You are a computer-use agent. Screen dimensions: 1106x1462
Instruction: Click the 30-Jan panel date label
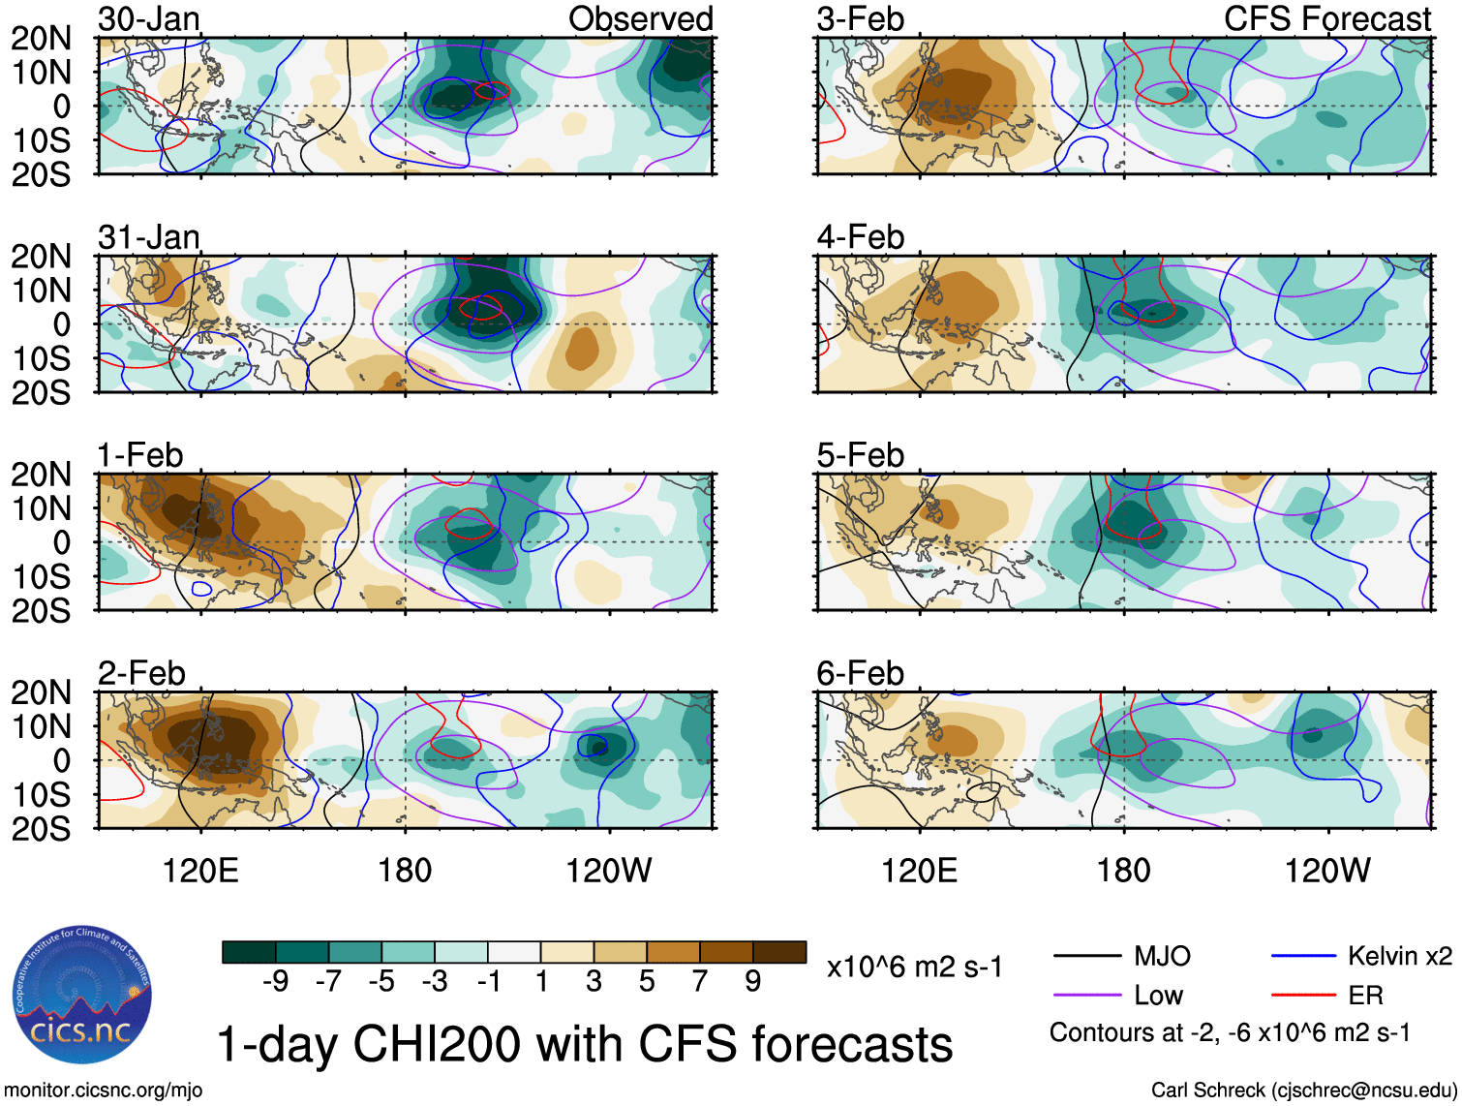click(149, 18)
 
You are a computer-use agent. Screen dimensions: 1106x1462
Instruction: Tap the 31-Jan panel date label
click(149, 236)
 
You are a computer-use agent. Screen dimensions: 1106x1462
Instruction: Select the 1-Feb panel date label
click(140, 454)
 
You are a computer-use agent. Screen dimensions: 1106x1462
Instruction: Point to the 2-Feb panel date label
click(141, 672)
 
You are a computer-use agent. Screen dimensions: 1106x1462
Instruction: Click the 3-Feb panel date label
click(860, 18)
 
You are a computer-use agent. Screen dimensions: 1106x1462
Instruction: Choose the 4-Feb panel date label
click(860, 236)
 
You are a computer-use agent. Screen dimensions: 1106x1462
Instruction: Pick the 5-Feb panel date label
click(860, 454)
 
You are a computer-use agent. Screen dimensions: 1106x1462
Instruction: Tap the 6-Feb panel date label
click(860, 672)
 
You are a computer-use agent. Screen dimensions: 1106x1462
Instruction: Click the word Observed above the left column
click(640, 18)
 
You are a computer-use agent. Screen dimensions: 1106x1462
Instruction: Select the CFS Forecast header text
click(1326, 18)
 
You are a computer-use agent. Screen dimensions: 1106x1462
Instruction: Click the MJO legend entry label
click(1162, 956)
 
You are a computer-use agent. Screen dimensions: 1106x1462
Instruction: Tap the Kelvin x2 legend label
click(1399, 956)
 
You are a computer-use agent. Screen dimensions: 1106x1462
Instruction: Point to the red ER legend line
click(1303, 995)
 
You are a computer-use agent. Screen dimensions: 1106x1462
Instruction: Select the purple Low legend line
click(1086, 995)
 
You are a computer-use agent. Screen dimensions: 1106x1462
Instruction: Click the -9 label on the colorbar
click(275, 981)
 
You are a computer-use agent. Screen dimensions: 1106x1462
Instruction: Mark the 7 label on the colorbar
click(699, 981)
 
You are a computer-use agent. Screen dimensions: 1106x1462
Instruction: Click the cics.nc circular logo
click(82, 996)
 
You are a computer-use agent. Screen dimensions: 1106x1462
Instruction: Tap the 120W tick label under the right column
click(1326, 870)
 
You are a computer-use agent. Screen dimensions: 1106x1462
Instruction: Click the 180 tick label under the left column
click(405, 870)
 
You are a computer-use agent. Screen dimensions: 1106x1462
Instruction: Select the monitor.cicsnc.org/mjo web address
click(104, 1090)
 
